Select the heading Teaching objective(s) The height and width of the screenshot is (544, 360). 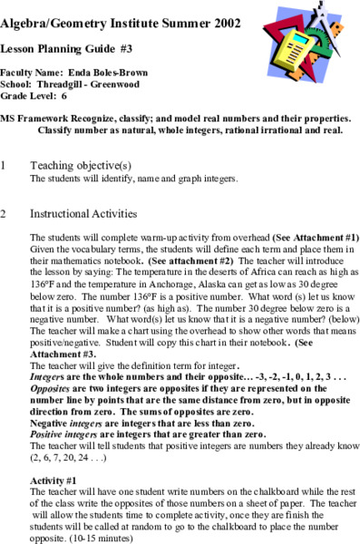click(81, 166)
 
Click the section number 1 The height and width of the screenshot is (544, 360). click(5, 166)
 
